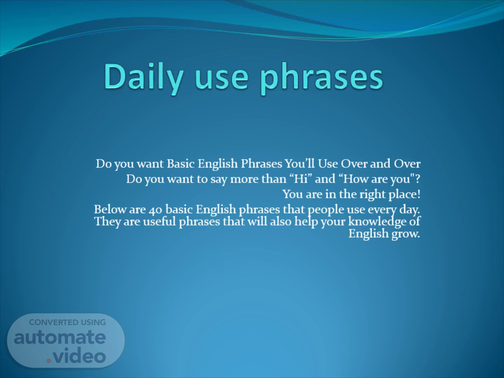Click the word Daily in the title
[144, 78]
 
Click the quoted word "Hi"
[301, 179]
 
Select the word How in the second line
[354, 179]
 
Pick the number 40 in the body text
[155, 210]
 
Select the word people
[326, 210]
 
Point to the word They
[107, 222]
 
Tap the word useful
[159, 222]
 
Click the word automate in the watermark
[60, 337]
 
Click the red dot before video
[49, 360]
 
